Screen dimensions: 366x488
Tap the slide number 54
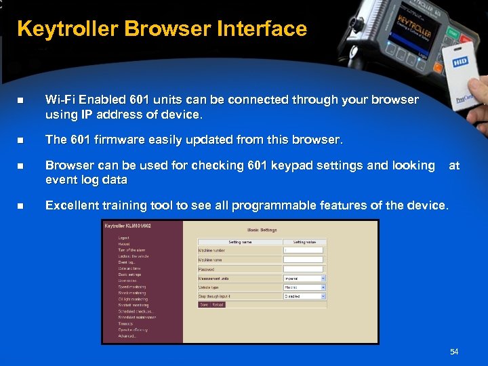(454, 351)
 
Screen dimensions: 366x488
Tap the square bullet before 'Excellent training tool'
(20, 205)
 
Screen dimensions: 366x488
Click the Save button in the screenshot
(204, 305)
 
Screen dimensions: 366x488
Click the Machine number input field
(303, 250)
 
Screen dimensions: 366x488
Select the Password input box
(303, 268)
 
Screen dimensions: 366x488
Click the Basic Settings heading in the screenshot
(263, 230)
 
